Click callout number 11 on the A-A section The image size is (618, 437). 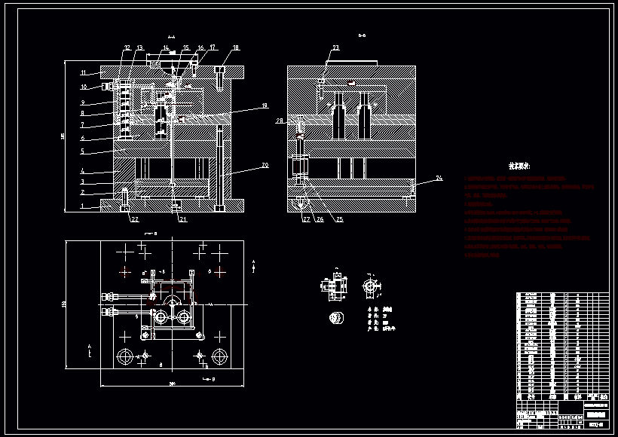(84, 73)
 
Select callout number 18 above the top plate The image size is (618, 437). (236, 47)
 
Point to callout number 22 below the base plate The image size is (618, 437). (134, 219)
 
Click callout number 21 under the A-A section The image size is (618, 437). (182, 219)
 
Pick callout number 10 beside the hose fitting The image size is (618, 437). (84, 87)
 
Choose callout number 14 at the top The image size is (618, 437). (165, 47)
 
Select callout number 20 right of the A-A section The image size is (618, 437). (264, 165)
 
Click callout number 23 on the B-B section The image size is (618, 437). (335, 47)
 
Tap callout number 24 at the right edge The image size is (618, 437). (439, 179)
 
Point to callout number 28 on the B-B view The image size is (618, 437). (280, 121)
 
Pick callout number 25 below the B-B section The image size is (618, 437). (339, 219)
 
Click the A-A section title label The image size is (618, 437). (170, 35)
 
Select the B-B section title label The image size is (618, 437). (362, 35)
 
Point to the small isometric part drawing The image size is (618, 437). (335, 317)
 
